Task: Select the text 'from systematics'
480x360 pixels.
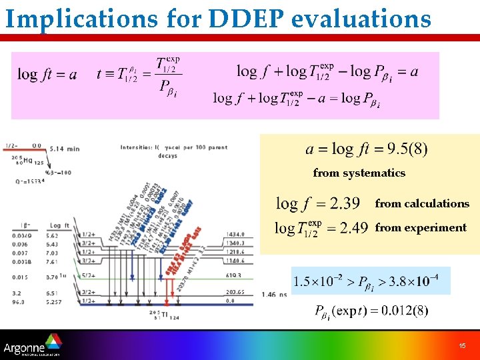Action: pos(359,173)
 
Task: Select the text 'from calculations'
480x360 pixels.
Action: pos(422,204)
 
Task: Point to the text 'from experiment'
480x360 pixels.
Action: pos(421,228)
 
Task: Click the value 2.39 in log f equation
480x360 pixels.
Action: pos(345,203)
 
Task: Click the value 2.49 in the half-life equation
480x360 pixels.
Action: pos(353,228)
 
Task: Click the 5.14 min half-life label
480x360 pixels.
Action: pos(64,149)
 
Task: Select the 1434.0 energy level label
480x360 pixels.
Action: pos(236,235)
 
